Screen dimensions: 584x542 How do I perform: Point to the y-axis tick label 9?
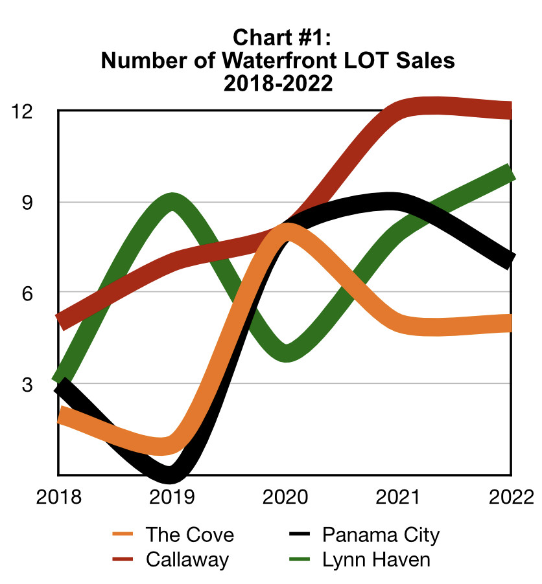pyautogui.click(x=27, y=203)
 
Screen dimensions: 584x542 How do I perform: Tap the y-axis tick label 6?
pyautogui.click(x=27, y=293)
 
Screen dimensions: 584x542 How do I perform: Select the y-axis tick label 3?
pyautogui.click(x=27, y=385)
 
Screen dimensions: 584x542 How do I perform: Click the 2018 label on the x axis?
pyautogui.click(x=59, y=497)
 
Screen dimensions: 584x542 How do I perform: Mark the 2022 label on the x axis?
pyautogui.click(x=508, y=497)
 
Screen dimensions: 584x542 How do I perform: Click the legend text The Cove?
pyautogui.click(x=189, y=535)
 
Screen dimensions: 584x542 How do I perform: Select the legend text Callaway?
pyautogui.click(x=187, y=559)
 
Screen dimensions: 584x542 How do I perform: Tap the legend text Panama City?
pyautogui.click(x=381, y=535)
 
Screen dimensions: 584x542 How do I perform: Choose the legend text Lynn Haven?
pyautogui.click(x=376, y=559)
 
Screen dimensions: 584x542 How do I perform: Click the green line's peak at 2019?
pyautogui.click(x=172, y=201)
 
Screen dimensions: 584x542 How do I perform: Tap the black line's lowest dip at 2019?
pyautogui.click(x=170, y=475)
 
